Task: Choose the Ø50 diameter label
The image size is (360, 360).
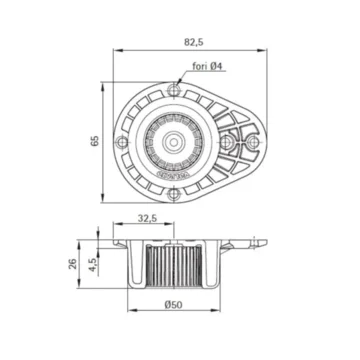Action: coord(170,307)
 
